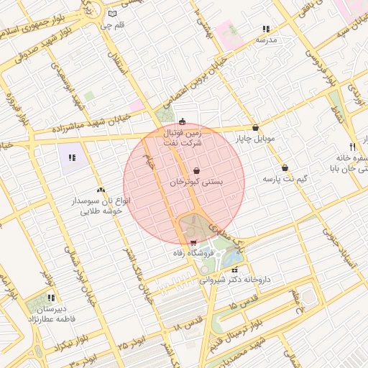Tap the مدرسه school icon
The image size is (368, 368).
coord(266,29)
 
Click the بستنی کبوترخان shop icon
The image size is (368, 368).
coord(196,171)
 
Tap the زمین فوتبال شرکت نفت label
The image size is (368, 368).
coord(183,138)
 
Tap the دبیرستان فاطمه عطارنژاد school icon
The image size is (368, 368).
coord(51,297)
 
